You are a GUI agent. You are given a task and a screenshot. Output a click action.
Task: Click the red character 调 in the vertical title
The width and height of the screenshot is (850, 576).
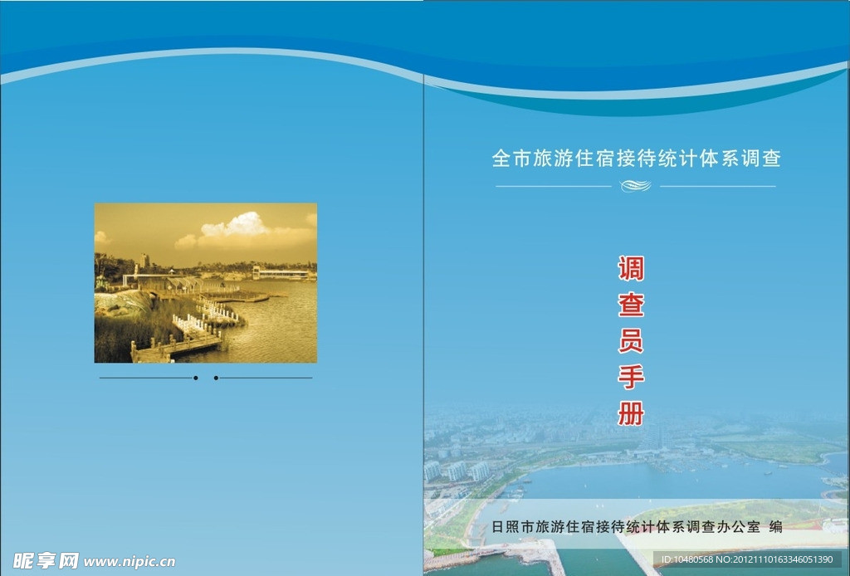(631, 269)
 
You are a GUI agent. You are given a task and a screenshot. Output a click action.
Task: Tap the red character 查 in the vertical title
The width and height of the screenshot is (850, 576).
(631, 305)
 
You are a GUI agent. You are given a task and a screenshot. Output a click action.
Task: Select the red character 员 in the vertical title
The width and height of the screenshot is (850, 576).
(631, 341)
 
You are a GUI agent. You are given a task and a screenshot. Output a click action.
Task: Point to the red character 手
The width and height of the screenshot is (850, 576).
(631, 377)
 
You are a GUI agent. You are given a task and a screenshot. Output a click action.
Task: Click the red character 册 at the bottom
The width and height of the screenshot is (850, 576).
(631, 413)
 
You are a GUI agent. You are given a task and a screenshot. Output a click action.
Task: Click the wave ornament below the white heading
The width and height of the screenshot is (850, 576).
(636, 186)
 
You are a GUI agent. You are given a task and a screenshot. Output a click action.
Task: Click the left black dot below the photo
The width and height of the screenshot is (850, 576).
(195, 378)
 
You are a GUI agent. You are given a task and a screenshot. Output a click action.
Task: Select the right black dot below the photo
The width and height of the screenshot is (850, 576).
(216, 378)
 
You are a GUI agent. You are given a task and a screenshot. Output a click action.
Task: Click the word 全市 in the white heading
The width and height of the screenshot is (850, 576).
(511, 159)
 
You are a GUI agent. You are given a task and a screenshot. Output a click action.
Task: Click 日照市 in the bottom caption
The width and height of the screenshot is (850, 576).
(512, 526)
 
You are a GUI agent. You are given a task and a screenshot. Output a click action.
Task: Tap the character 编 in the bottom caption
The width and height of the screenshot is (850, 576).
(776, 526)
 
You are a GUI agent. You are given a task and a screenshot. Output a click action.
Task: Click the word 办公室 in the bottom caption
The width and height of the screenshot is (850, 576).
(739, 526)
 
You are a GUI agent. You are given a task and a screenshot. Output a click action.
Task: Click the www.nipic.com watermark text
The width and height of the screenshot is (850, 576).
(129, 562)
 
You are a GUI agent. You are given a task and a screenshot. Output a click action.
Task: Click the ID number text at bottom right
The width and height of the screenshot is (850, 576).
(747, 559)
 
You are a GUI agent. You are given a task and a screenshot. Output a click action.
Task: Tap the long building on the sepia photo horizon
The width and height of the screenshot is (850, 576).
(282, 273)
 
